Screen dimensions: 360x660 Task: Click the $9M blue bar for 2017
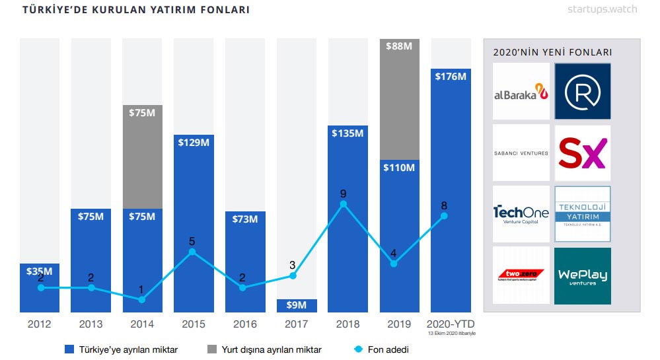coord(297,305)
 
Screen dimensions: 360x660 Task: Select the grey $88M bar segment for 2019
coord(399,99)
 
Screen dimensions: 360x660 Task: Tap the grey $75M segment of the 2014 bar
coord(142,156)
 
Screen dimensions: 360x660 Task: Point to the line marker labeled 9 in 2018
coord(343,205)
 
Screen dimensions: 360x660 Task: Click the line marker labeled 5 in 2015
coord(192,252)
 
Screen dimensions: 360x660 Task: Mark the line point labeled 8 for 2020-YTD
coord(444,216)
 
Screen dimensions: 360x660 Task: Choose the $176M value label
coord(451,77)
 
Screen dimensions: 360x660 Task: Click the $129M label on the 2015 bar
coord(194,141)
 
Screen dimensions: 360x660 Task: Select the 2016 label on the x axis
coord(244,324)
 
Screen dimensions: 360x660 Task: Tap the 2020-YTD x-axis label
coord(451,324)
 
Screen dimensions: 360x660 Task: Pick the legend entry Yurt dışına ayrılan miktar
coord(266,349)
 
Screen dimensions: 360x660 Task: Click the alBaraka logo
coord(521,92)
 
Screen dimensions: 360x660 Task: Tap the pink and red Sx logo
coord(582,153)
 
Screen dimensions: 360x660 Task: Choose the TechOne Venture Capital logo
coord(521,214)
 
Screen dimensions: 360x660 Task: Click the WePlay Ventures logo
coord(582,275)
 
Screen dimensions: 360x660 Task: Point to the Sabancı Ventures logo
coord(521,153)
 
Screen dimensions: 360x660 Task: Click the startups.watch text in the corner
coord(601,9)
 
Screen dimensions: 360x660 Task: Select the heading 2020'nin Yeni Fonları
coord(552,52)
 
